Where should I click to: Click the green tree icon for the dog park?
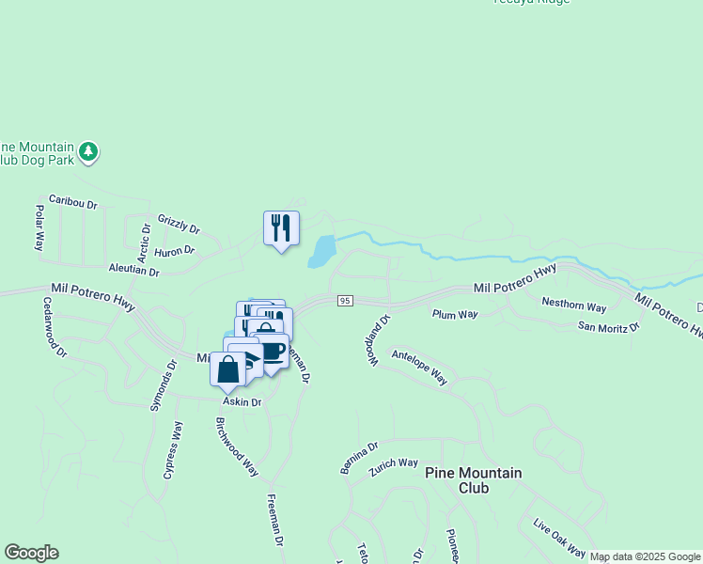pyautogui.click(x=88, y=151)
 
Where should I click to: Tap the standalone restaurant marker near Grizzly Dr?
pyautogui.click(x=281, y=228)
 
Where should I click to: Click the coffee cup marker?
pyautogui.click(x=273, y=352)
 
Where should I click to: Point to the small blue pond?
pyautogui.click(x=321, y=251)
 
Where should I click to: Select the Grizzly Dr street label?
pyautogui.click(x=179, y=222)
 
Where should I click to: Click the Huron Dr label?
pyautogui.click(x=175, y=251)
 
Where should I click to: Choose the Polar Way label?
pyautogui.click(x=39, y=227)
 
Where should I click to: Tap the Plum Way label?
pyautogui.click(x=455, y=314)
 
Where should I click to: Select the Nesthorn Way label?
pyautogui.click(x=573, y=305)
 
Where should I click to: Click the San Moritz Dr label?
pyautogui.click(x=608, y=327)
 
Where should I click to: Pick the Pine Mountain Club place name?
pyautogui.click(x=474, y=480)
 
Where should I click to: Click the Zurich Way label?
pyautogui.click(x=394, y=464)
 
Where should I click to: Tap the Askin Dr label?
pyautogui.click(x=242, y=401)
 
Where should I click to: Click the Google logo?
pyautogui.click(x=31, y=553)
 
